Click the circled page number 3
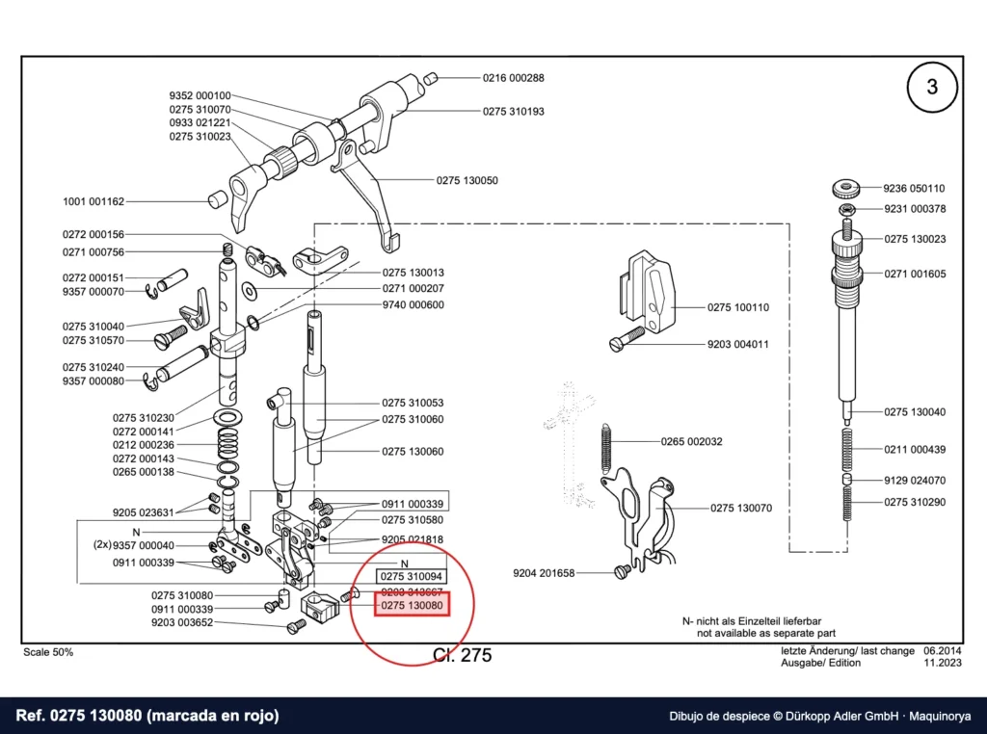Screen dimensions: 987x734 click(932, 87)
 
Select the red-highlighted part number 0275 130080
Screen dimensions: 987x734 click(412, 605)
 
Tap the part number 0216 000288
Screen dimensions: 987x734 click(514, 78)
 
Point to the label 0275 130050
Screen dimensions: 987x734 click(467, 180)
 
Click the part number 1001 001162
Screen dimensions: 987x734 click(93, 202)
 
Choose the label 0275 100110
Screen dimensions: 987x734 click(738, 307)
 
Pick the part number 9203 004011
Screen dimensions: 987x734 click(737, 344)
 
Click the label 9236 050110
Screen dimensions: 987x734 click(914, 188)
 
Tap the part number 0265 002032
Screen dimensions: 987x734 click(692, 441)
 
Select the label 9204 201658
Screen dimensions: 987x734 click(544, 573)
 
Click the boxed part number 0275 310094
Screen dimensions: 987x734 click(412, 576)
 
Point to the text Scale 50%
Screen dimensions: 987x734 click(48, 652)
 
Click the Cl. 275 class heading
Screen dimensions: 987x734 click(462, 655)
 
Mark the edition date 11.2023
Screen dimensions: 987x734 click(943, 663)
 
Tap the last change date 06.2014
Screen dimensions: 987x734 click(943, 651)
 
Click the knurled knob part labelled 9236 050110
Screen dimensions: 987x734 click(846, 188)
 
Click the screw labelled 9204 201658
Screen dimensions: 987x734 click(622, 571)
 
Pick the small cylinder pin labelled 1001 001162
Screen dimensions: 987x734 click(217, 200)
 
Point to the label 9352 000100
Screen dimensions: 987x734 click(200, 95)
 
